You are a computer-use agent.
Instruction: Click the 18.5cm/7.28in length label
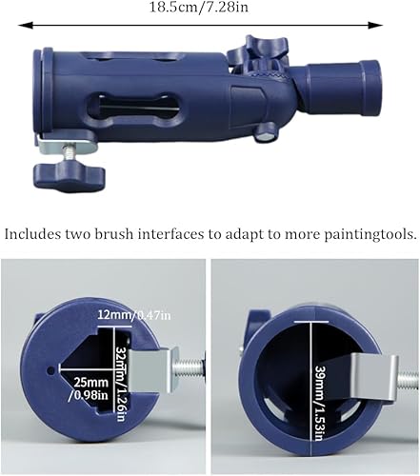pyautogui.click(x=199, y=8)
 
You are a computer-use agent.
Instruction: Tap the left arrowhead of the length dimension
pyautogui.click(x=26, y=25)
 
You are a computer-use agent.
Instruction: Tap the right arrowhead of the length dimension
pyautogui.click(x=375, y=25)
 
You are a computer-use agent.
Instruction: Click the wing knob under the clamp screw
pyautogui.click(x=70, y=175)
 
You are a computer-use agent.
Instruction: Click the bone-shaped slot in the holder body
pyautogui.click(x=132, y=107)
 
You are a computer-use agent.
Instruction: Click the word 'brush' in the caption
pyautogui.click(x=111, y=234)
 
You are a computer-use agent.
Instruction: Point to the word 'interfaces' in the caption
pyautogui.click(x=171, y=234)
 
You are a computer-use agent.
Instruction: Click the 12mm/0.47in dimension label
pyautogui.click(x=134, y=315)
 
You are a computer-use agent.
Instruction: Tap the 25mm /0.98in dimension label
pyautogui.click(x=90, y=388)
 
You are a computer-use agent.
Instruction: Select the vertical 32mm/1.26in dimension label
pyautogui.click(x=121, y=384)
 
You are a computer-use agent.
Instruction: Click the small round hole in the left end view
pyautogui.click(x=50, y=369)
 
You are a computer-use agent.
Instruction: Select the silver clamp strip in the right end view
pyautogui.click(x=374, y=378)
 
